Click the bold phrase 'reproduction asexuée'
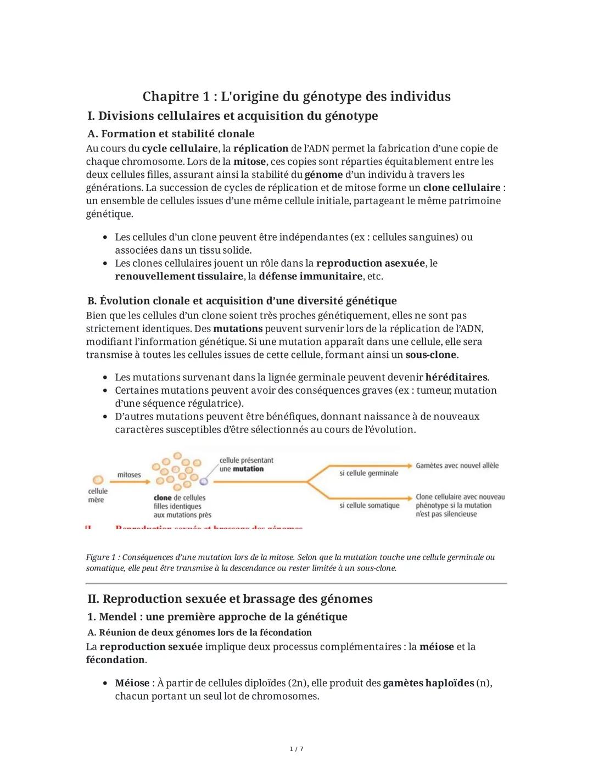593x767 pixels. (371, 264)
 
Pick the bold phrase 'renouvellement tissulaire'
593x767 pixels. (179, 276)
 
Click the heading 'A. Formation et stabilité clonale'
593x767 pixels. (171, 133)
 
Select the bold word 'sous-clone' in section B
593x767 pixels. (431, 355)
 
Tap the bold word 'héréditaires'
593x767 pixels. (456, 377)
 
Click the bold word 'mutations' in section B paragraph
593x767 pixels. (238, 328)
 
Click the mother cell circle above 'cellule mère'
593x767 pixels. (98, 480)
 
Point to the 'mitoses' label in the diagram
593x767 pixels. (129, 474)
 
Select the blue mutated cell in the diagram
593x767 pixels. (204, 481)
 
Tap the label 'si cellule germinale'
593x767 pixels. (368, 473)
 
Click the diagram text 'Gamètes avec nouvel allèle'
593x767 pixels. (457, 466)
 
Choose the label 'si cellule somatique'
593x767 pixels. (369, 505)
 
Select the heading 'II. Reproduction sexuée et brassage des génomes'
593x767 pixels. (230, 598)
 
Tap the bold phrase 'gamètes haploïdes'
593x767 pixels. (428, 683)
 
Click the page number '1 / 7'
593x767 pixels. (296, 749)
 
